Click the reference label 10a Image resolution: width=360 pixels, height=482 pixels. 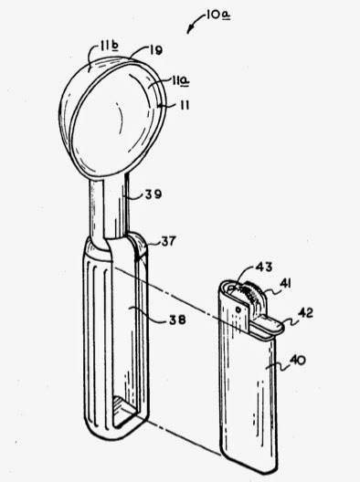[x=217, y=15]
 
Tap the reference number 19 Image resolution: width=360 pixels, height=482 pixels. [x=156, y=49]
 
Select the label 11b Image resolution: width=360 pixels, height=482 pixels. [x=109, y=47]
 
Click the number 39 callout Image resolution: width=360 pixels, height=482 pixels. [x=153, y=194]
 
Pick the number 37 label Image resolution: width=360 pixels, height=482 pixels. [x=169, y=241]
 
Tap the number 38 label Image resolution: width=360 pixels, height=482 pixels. [x=177, y=320]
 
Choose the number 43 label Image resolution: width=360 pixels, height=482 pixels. [x=264, y=267]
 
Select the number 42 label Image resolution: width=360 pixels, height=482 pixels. [x=305, y=313]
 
